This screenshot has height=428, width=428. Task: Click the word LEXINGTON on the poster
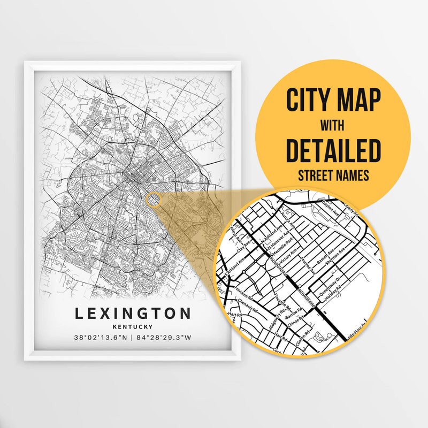133,313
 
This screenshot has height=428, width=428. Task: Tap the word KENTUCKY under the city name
133,326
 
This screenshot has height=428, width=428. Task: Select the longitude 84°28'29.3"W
164,338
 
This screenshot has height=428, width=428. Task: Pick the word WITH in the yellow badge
333,125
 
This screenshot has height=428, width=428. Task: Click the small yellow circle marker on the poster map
153,200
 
